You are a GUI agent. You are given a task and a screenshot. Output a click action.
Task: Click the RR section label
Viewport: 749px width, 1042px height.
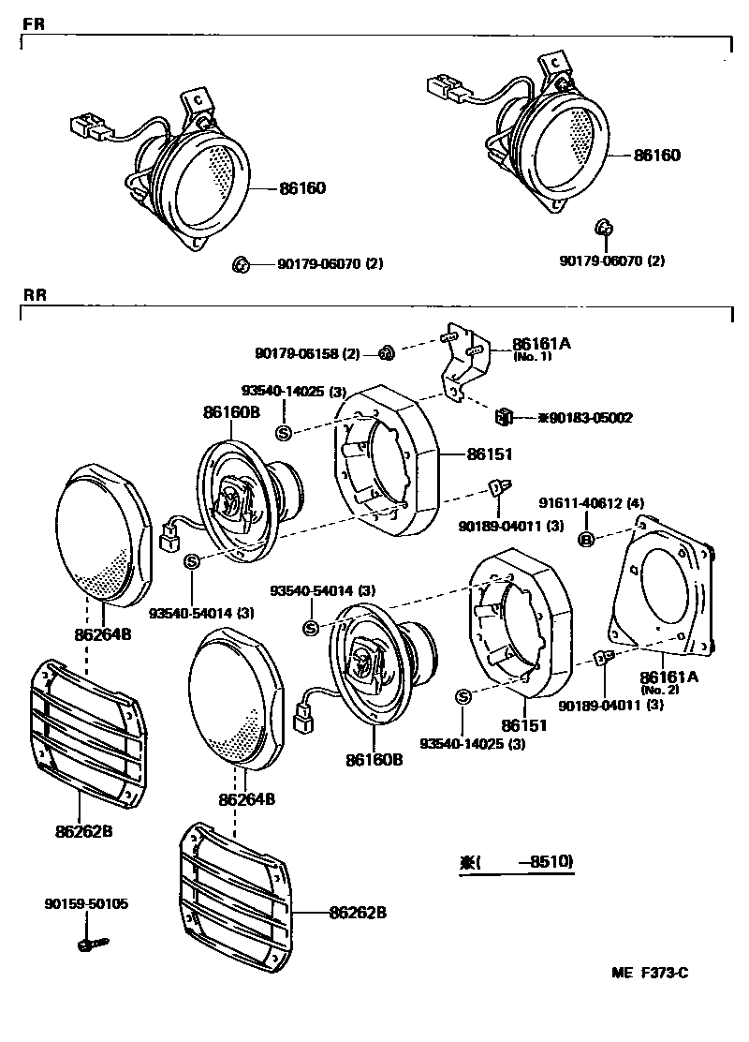pyautogui.click(x=34, y=295)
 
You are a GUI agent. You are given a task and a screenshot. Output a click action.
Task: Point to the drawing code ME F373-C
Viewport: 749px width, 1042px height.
pyautogui.click(x=650, y=973)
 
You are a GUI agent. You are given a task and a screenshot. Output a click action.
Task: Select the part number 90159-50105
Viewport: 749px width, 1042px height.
pyautogui.click(x=85, y=904)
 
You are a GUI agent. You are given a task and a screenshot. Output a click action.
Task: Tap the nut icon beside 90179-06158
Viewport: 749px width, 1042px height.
pyautogui.click(x=384, y=352)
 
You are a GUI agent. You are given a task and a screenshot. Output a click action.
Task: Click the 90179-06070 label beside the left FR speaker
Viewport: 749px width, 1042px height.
pyautogui.click(x=330, y=264)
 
